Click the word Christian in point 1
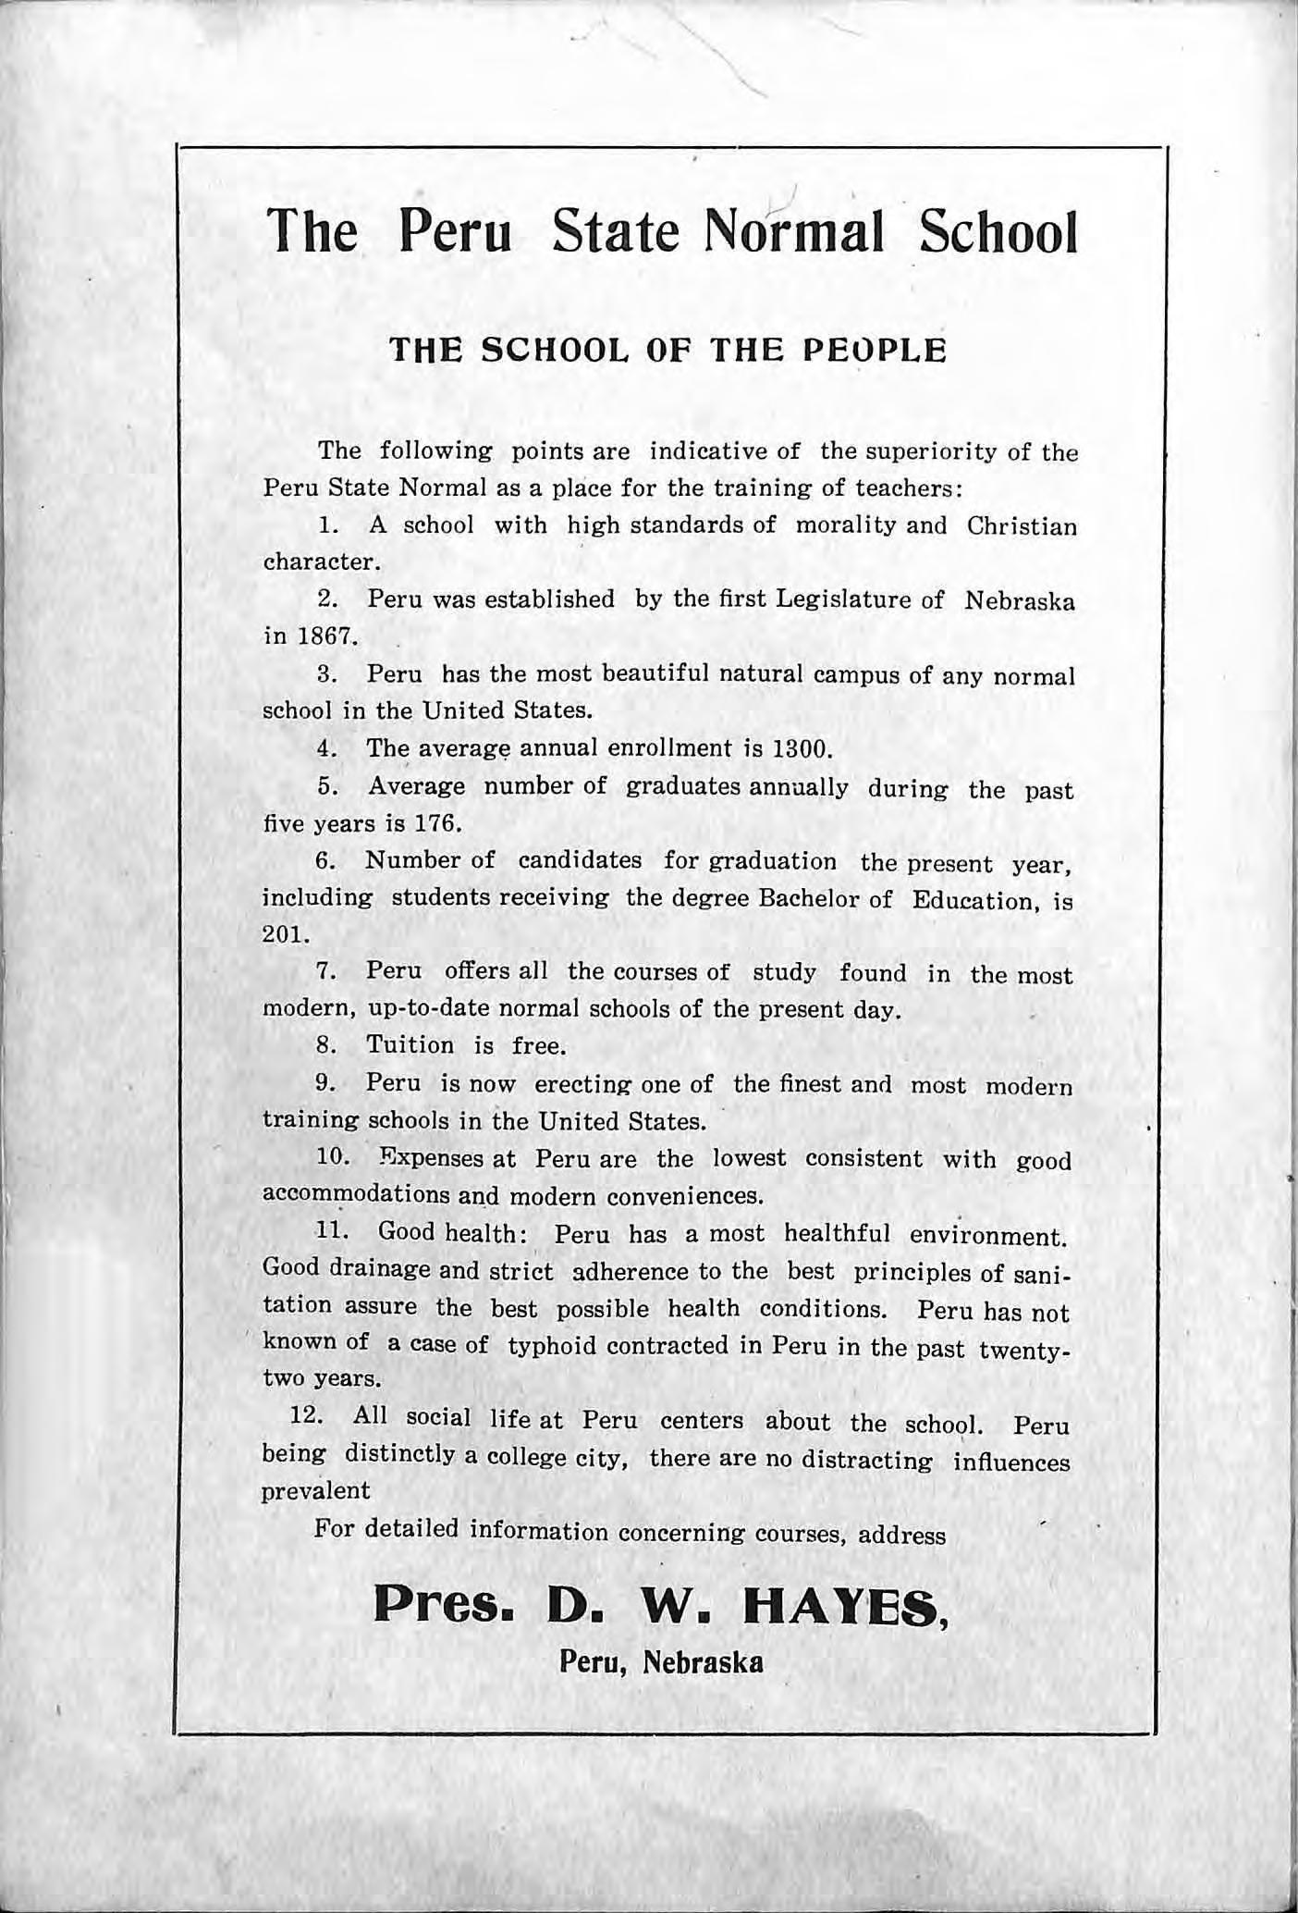pyautogui.click(x=1022, y=526)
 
